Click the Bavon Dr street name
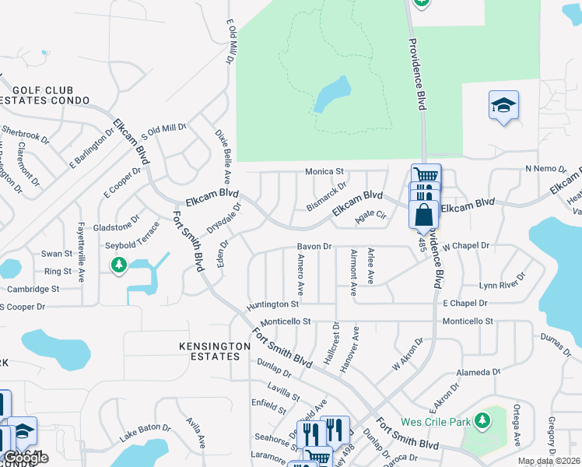point(314,247)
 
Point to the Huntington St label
point(273,304)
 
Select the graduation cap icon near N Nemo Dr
point(503,104)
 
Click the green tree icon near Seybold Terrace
point(119,266)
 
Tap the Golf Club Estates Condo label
point(47,96)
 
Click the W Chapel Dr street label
point(466,246)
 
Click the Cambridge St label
point(33,289)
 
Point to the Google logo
point(26,458)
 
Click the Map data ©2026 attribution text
point(549,461)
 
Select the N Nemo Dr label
point(543,169)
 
